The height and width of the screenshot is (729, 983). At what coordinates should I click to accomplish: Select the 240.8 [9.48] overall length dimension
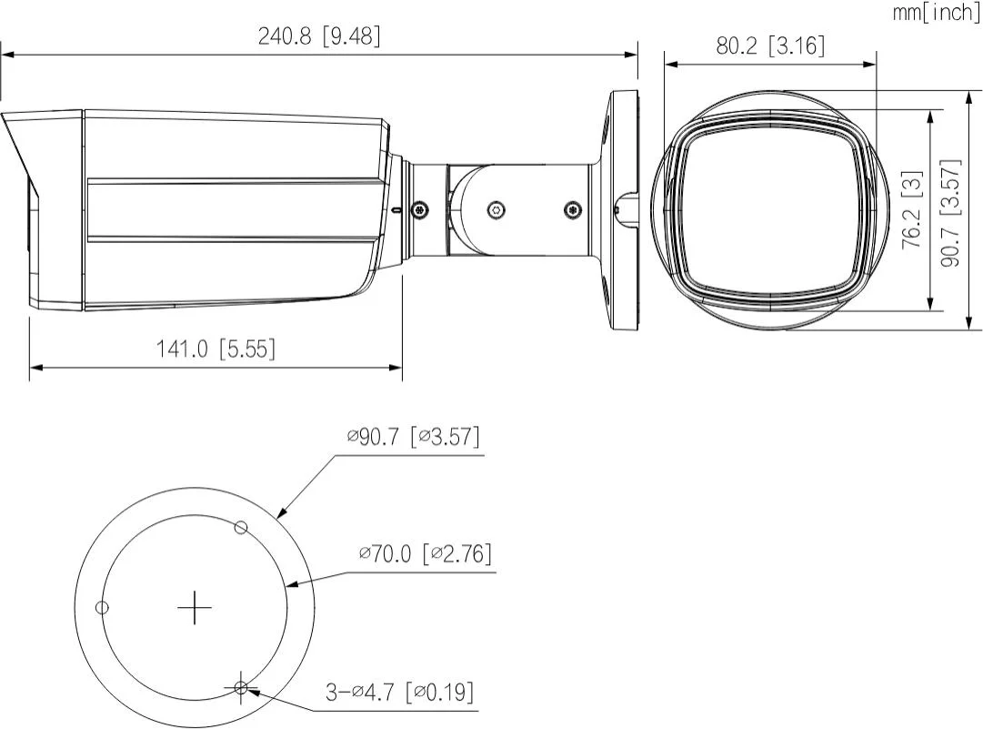click(319, 36)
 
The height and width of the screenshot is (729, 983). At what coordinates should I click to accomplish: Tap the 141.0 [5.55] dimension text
click(216, 349)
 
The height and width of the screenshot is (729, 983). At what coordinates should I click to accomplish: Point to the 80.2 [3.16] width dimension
click(770, 46)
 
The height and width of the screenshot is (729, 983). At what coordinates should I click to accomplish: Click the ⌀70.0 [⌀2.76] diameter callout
click(425, 552)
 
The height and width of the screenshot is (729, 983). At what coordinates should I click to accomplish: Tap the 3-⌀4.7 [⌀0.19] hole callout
click(400, 693)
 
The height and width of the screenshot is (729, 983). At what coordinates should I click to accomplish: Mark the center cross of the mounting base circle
click(194, 607)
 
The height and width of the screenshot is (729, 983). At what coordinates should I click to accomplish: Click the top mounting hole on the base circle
click(241, 527)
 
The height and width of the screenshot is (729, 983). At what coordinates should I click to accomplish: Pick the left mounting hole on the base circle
click(103, 607)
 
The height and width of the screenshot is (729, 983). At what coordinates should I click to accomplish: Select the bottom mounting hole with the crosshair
click(241, 687)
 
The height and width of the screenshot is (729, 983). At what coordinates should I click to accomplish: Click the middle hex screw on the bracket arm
click(495, 209)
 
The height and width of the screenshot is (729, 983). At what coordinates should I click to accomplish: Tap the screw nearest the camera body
click(419, 209)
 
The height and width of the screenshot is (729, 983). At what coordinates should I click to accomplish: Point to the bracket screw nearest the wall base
click(572, 209)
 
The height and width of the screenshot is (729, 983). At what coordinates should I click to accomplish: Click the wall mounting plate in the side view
click(621, 209)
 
